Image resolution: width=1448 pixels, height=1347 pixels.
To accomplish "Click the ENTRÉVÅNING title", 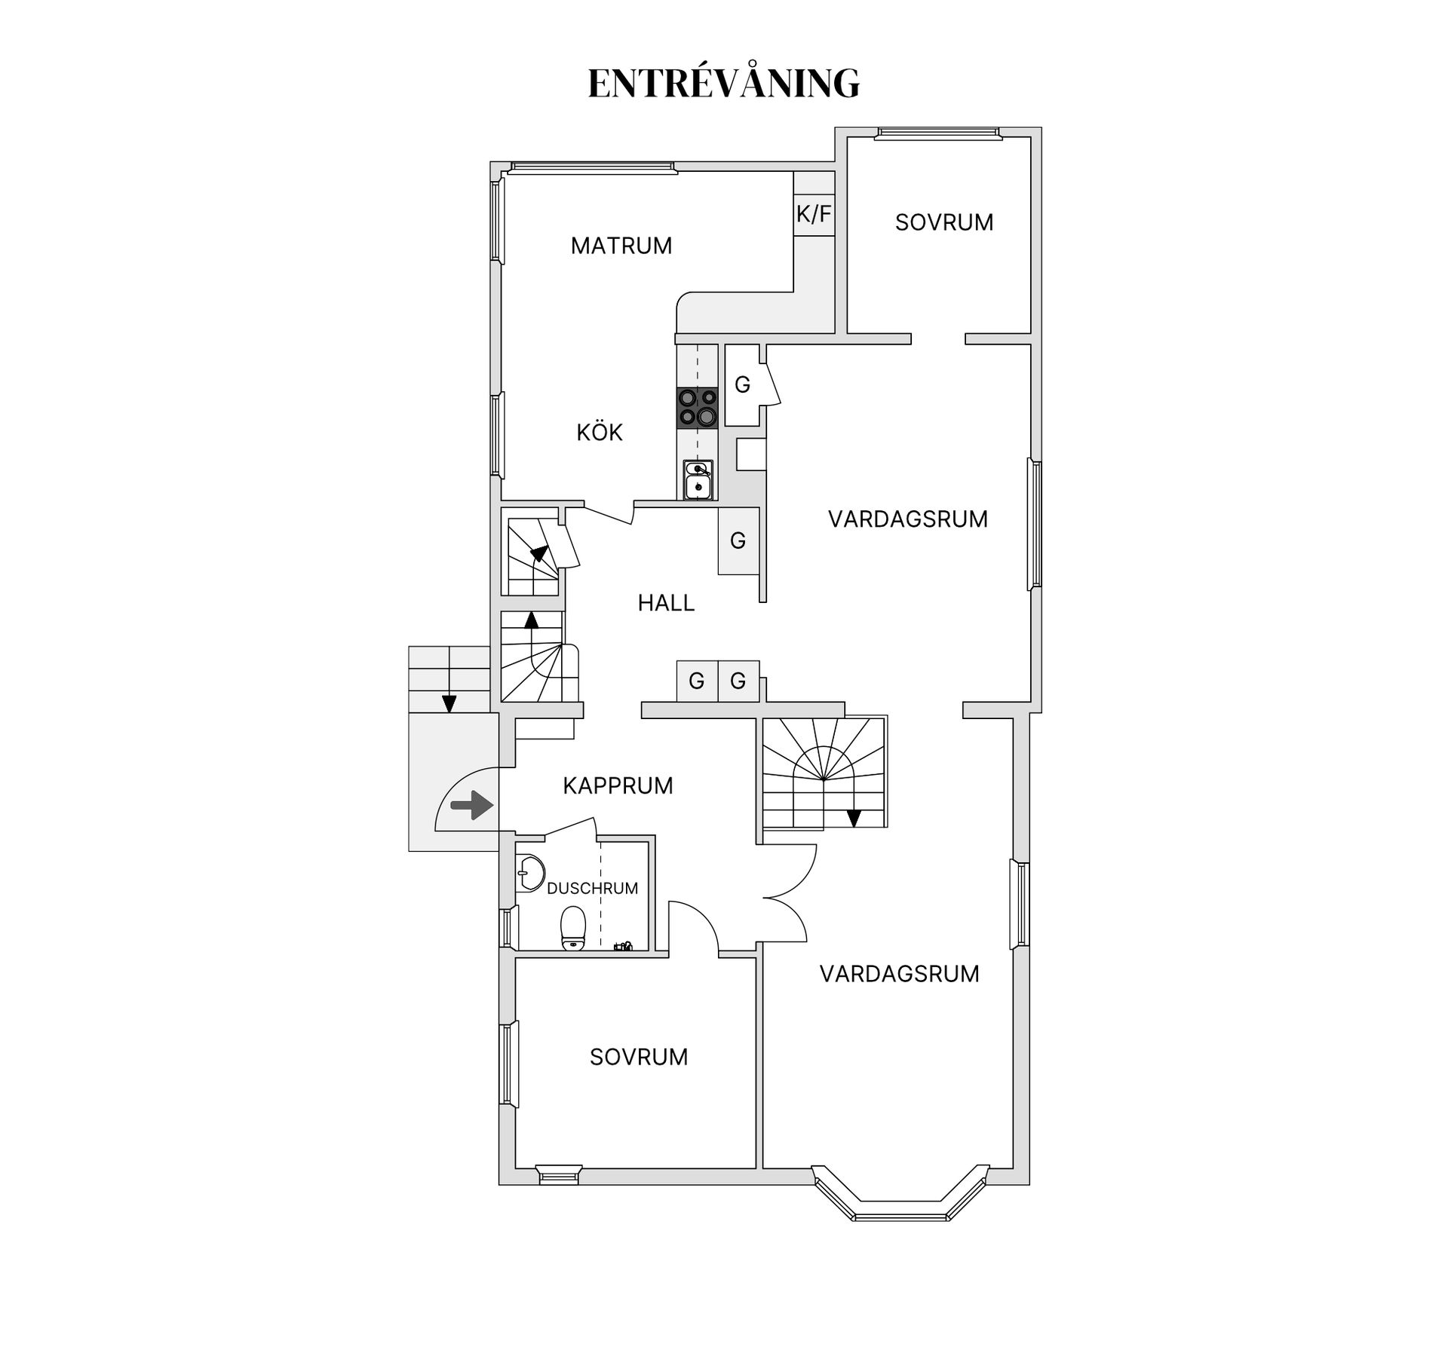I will coord(723,83).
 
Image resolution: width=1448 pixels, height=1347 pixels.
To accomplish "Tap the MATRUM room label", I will coord(621,246).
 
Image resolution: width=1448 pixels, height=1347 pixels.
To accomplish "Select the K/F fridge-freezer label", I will coord(814,214).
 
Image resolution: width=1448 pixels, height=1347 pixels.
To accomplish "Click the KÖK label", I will coord(600,433).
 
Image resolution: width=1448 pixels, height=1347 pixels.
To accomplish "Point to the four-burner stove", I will coord(697,407).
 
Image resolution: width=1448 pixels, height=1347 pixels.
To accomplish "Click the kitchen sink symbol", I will coord(698,480).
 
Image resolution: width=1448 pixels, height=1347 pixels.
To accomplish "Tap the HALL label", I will coord(666,603).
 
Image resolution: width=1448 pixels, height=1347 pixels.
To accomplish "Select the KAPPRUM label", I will coord(618,785).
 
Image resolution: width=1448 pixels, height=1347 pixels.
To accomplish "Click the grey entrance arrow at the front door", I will coord(471,805).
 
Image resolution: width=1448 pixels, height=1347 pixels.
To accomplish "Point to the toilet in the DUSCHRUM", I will coord(573,928).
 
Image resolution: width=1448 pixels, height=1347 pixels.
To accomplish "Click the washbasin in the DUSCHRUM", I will coord(532,874).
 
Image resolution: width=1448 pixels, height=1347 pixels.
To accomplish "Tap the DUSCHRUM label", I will coord(592,889).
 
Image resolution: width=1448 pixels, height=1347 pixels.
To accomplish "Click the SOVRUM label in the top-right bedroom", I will coord(943,222).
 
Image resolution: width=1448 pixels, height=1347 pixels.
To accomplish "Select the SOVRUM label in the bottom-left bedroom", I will coord(639,1057).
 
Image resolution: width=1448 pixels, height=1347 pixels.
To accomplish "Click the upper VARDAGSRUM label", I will coord(907,519).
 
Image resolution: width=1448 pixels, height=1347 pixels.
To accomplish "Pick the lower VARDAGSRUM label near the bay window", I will coord(899,974).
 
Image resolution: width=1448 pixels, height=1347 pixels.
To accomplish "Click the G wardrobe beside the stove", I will coord(742,384).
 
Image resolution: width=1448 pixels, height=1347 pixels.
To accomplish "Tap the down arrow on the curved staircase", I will coord(854,817).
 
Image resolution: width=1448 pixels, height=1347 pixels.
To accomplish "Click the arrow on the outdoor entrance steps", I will coord(449,703).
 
